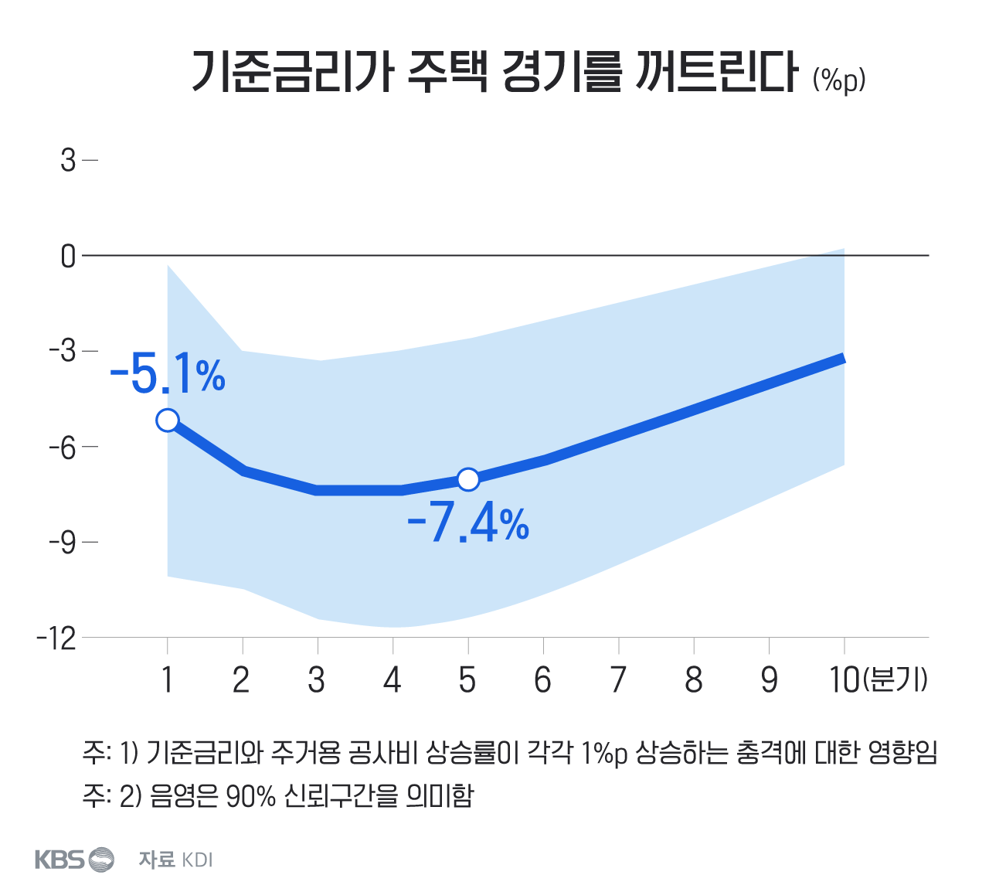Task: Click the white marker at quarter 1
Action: coord(168,420)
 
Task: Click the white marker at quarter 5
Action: coord(468,479)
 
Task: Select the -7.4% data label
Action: coord(468,524)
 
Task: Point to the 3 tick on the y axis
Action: coord(69,161)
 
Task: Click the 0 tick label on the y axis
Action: coord(69,256)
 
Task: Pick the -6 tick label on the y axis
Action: coord(63,447)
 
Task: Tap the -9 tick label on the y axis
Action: coord(63,543)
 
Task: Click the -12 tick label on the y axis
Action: coord(56,638)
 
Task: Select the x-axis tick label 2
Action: coord(242,680)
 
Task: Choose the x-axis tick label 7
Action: coord(618,680)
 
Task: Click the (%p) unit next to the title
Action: coord(839,79)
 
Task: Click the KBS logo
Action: coord(74,859)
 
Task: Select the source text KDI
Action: coord(197,860)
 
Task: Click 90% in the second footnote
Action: coord(250,795)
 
